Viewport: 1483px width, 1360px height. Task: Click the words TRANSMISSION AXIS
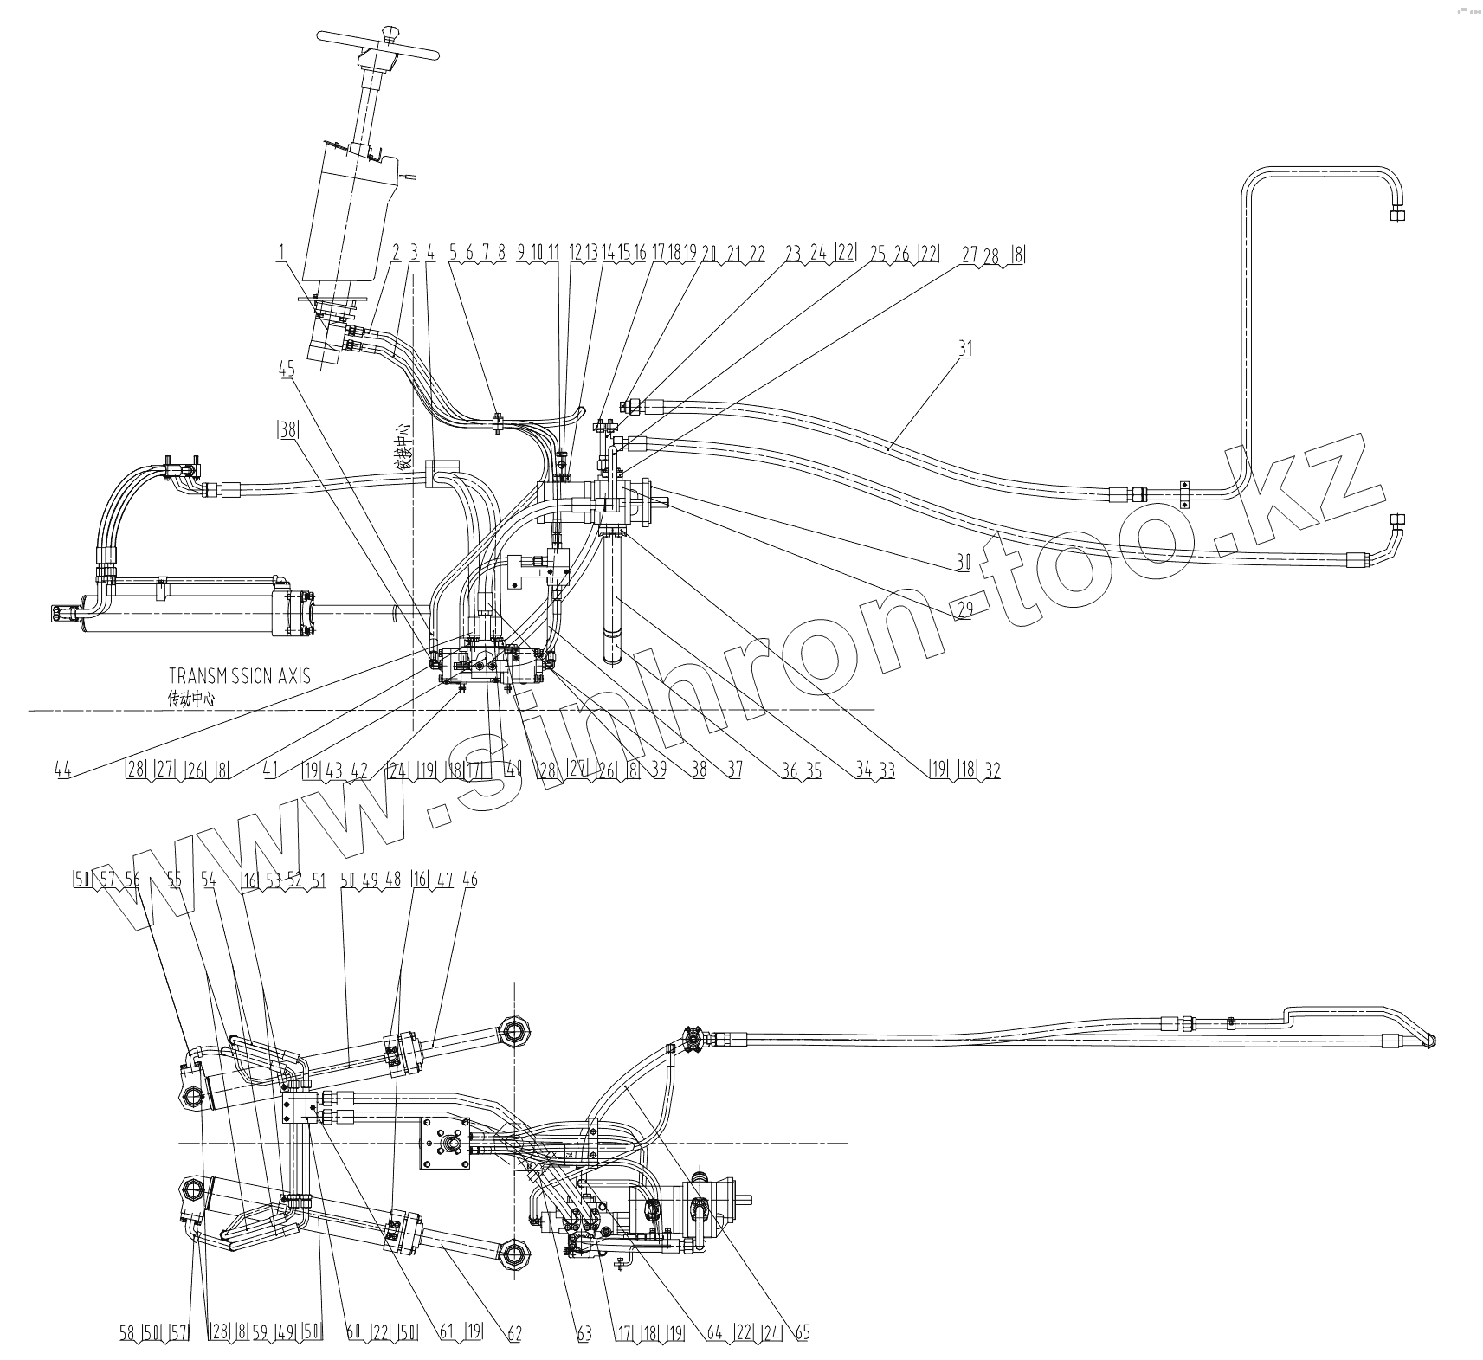pyautogui.click(x=239, y=676)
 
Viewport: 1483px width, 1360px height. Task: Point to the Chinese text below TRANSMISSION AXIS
pyautogui.click(x=191, y=700)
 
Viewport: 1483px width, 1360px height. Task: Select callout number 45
pyautogui.click(x=287, y=370)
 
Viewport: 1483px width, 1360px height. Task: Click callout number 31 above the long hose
pyautogui.click(x=965, y=349)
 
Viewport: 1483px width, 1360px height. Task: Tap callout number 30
pyautogui.click(x=963, y=562)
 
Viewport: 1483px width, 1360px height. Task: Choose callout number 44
pyautogui.click(x=62, y=770)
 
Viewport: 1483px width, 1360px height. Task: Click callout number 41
pyautogui.click(x=270, y=770)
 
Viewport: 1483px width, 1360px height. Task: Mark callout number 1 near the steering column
pyautogui.click(x=280, y=254)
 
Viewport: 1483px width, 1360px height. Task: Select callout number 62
pyautogui.click(x=514, y=1334)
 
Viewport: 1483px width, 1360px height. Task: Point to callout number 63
pyautogui.click(x=584, y=1334)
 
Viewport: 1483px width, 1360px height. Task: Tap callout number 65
pyautogui.click(x=802, y=1334)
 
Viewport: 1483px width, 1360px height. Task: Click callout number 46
pyautogui.click(x=470, y=880)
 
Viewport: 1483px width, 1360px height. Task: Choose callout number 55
pyautogui.click(x=175, y=880)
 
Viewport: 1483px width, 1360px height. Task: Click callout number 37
pyautogui.click(x=733, y=770)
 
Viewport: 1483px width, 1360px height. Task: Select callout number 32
pyautogui.click(x=992, y=770)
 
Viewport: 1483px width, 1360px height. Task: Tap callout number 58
pyautogui.click(x=127, y=1334)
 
